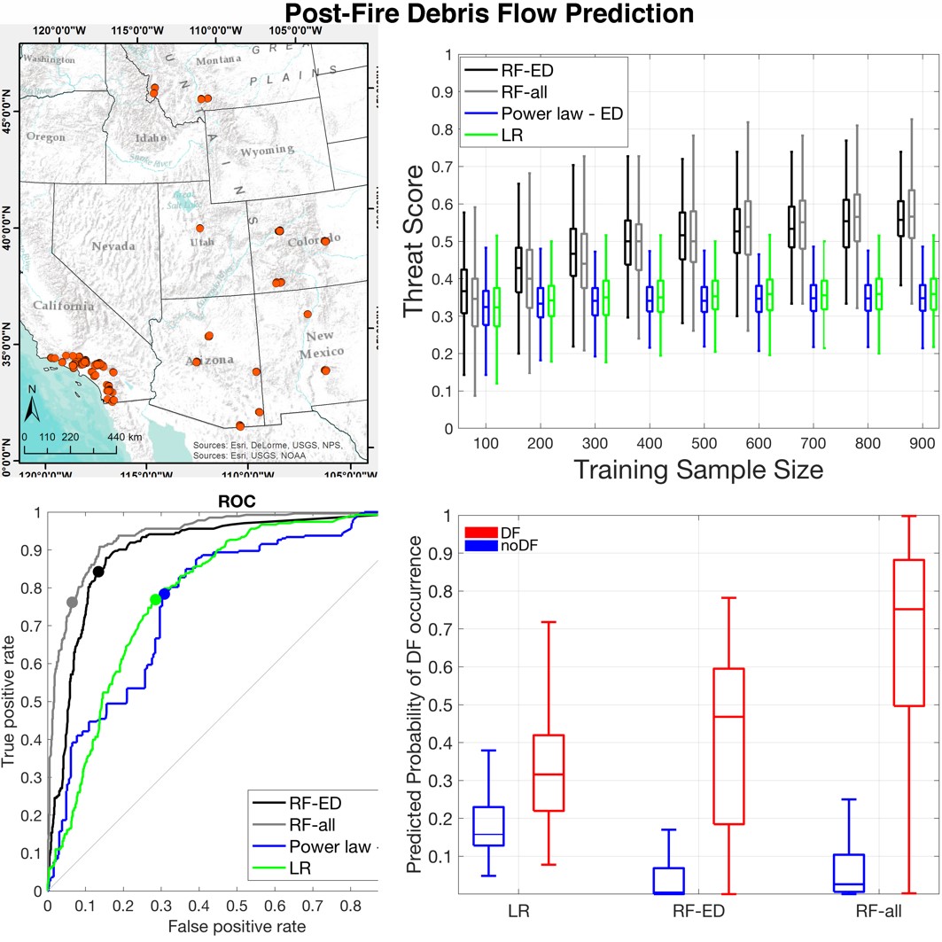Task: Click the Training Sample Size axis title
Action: [x=698, y=469]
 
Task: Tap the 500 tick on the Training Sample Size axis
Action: [x=698, y=441]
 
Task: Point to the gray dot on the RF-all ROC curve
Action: [x=73, y=602]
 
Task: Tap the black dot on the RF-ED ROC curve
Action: [x=98, y=572]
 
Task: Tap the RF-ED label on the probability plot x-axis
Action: [x=698, y=911]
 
